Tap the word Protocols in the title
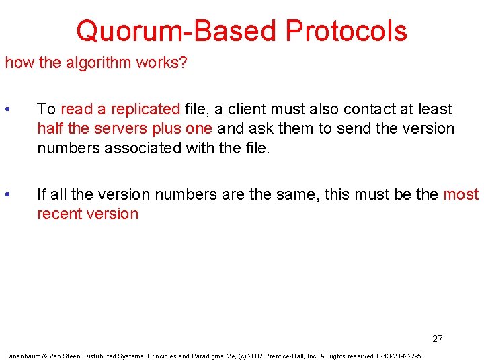tap(346, 31)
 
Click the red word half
tap(50, 128)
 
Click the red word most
tap(460, 195)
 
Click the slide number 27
tap(438, 339)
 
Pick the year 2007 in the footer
tap(254, 356)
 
